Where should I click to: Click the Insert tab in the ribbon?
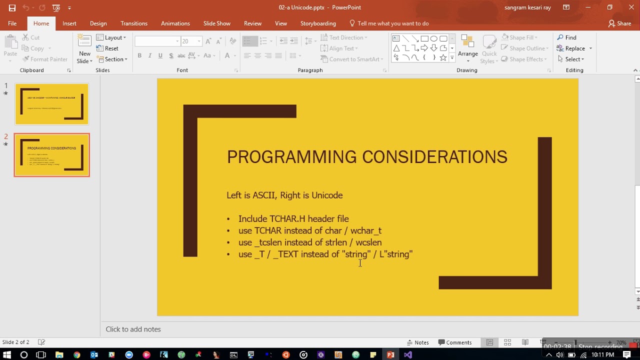pyautogui.click(x=69, y=23)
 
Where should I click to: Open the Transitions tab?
pyautogui.click(x=134, y=23)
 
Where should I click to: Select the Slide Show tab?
pyautogui.click(x=217, y=23)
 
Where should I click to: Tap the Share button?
pyautogui.click(x=619, y=23)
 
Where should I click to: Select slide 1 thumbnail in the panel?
pyautogui.click(x=51, y=104)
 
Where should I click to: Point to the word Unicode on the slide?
pyautogui.click(x=327, y=195)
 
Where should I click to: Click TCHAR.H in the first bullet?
pyautogui.click(x=287, y=219)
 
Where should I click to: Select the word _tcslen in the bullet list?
pyautogui.click(x=268, y=242)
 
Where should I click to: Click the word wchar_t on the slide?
pyautogui.click(x=366, y=231)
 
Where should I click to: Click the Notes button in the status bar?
pyautogui.click(x=418, y=342)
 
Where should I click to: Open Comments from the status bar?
pyautogui.click(x=455, y=342)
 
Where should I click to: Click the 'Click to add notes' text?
pyautogui.click(x=133, y=329)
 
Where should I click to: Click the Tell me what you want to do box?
pyautogui.click(x=392, y=23)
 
